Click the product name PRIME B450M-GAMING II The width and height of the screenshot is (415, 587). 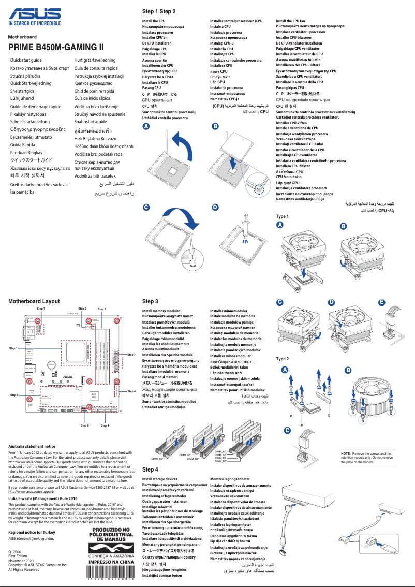[56, 48]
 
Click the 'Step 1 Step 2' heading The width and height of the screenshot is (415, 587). [159, 11]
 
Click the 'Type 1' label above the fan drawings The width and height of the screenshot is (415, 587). [283, 216]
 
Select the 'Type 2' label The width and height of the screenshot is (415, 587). [283, 359]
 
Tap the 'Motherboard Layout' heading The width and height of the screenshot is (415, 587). [34, 301]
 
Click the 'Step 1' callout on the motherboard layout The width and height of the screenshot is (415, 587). [13, 349]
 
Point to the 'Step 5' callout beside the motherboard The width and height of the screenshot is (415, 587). [13, 395]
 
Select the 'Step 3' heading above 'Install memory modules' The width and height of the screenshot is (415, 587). [150, 301]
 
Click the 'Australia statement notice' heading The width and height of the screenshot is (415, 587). [32, 446]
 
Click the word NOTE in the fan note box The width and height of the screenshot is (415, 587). [346, 453]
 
